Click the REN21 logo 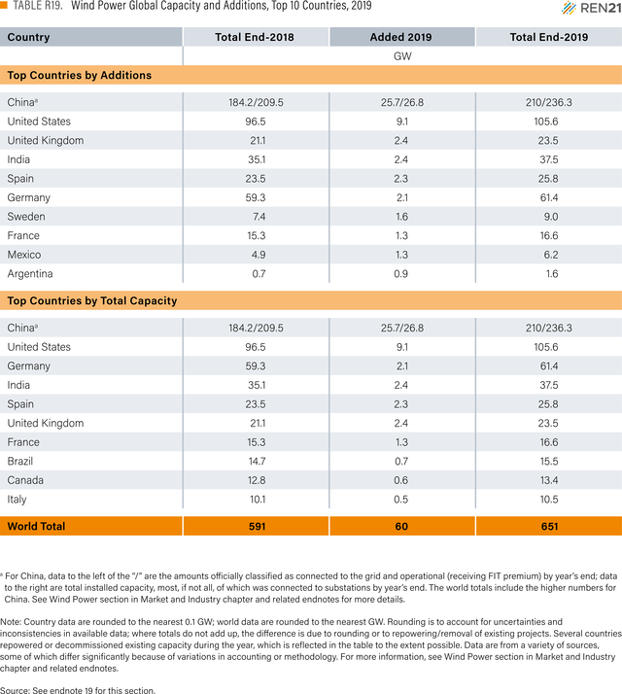tap(592, 8)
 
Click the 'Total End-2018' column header tap(255, 37)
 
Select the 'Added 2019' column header tap(401, 37)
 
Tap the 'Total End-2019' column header tap(549, 37)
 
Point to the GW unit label tap(402, 56)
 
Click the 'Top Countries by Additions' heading tap(80, 75)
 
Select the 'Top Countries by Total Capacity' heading tap(92, 301)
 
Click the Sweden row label tap(26, 217)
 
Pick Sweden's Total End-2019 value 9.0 tap(549, 217)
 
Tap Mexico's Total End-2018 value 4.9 tap(256, 255)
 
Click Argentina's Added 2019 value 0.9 tap(401, 273)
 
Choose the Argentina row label tap(30, 274)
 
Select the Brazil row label tap(19, 461)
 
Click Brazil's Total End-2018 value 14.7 tap(258, 461)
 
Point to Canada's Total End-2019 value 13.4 tap(549, 480)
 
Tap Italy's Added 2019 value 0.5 tap(401, 500)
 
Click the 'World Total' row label tap(36, 526)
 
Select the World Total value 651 tap(549, 526)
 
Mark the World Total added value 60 tap(401, 526)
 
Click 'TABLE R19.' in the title tap(38, 6)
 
